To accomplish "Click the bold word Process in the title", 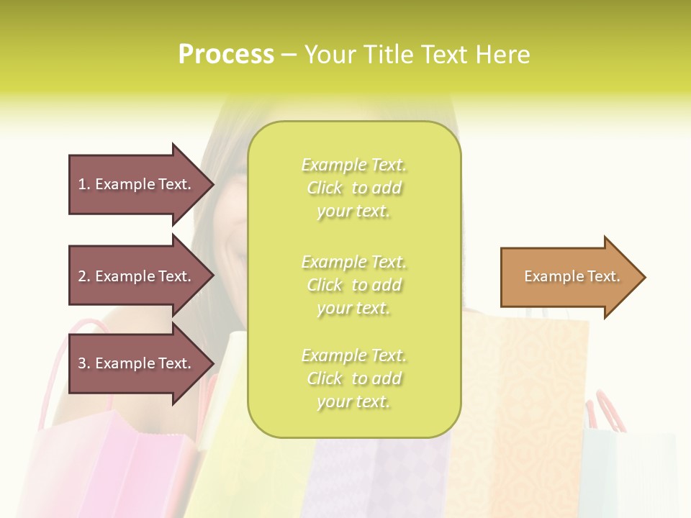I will pos(226,55).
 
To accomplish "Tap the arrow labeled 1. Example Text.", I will pos(137,184).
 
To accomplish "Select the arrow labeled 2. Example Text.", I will pos(137,276).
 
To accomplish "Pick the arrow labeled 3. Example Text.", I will pos(137,363).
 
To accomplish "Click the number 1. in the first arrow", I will pos(84,184).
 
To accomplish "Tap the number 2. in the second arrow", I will pos(84,276).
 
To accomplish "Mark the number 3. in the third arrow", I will pos(84,363).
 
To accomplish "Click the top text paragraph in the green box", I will pos(353,188).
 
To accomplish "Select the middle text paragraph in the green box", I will pos(353,285).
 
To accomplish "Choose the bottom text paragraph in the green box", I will pos(353,378).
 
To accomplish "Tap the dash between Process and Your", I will pos(289,55).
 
